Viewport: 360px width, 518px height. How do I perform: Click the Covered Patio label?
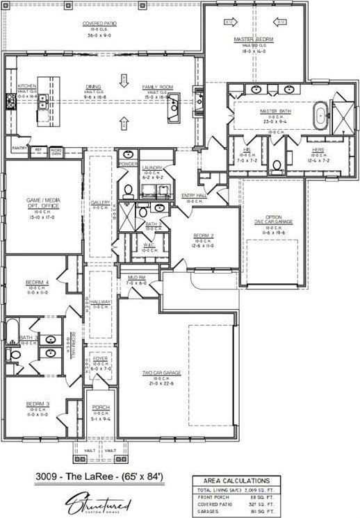[x=99, y=24]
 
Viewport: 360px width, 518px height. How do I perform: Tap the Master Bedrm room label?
[x=254, y=40]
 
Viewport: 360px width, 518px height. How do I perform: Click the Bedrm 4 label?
[x=37, y=283]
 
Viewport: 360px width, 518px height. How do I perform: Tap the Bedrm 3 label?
[x=38, y=403]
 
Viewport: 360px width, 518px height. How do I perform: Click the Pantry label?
[x=17, y=148]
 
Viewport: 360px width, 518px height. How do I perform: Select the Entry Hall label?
[x=193, y=196]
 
